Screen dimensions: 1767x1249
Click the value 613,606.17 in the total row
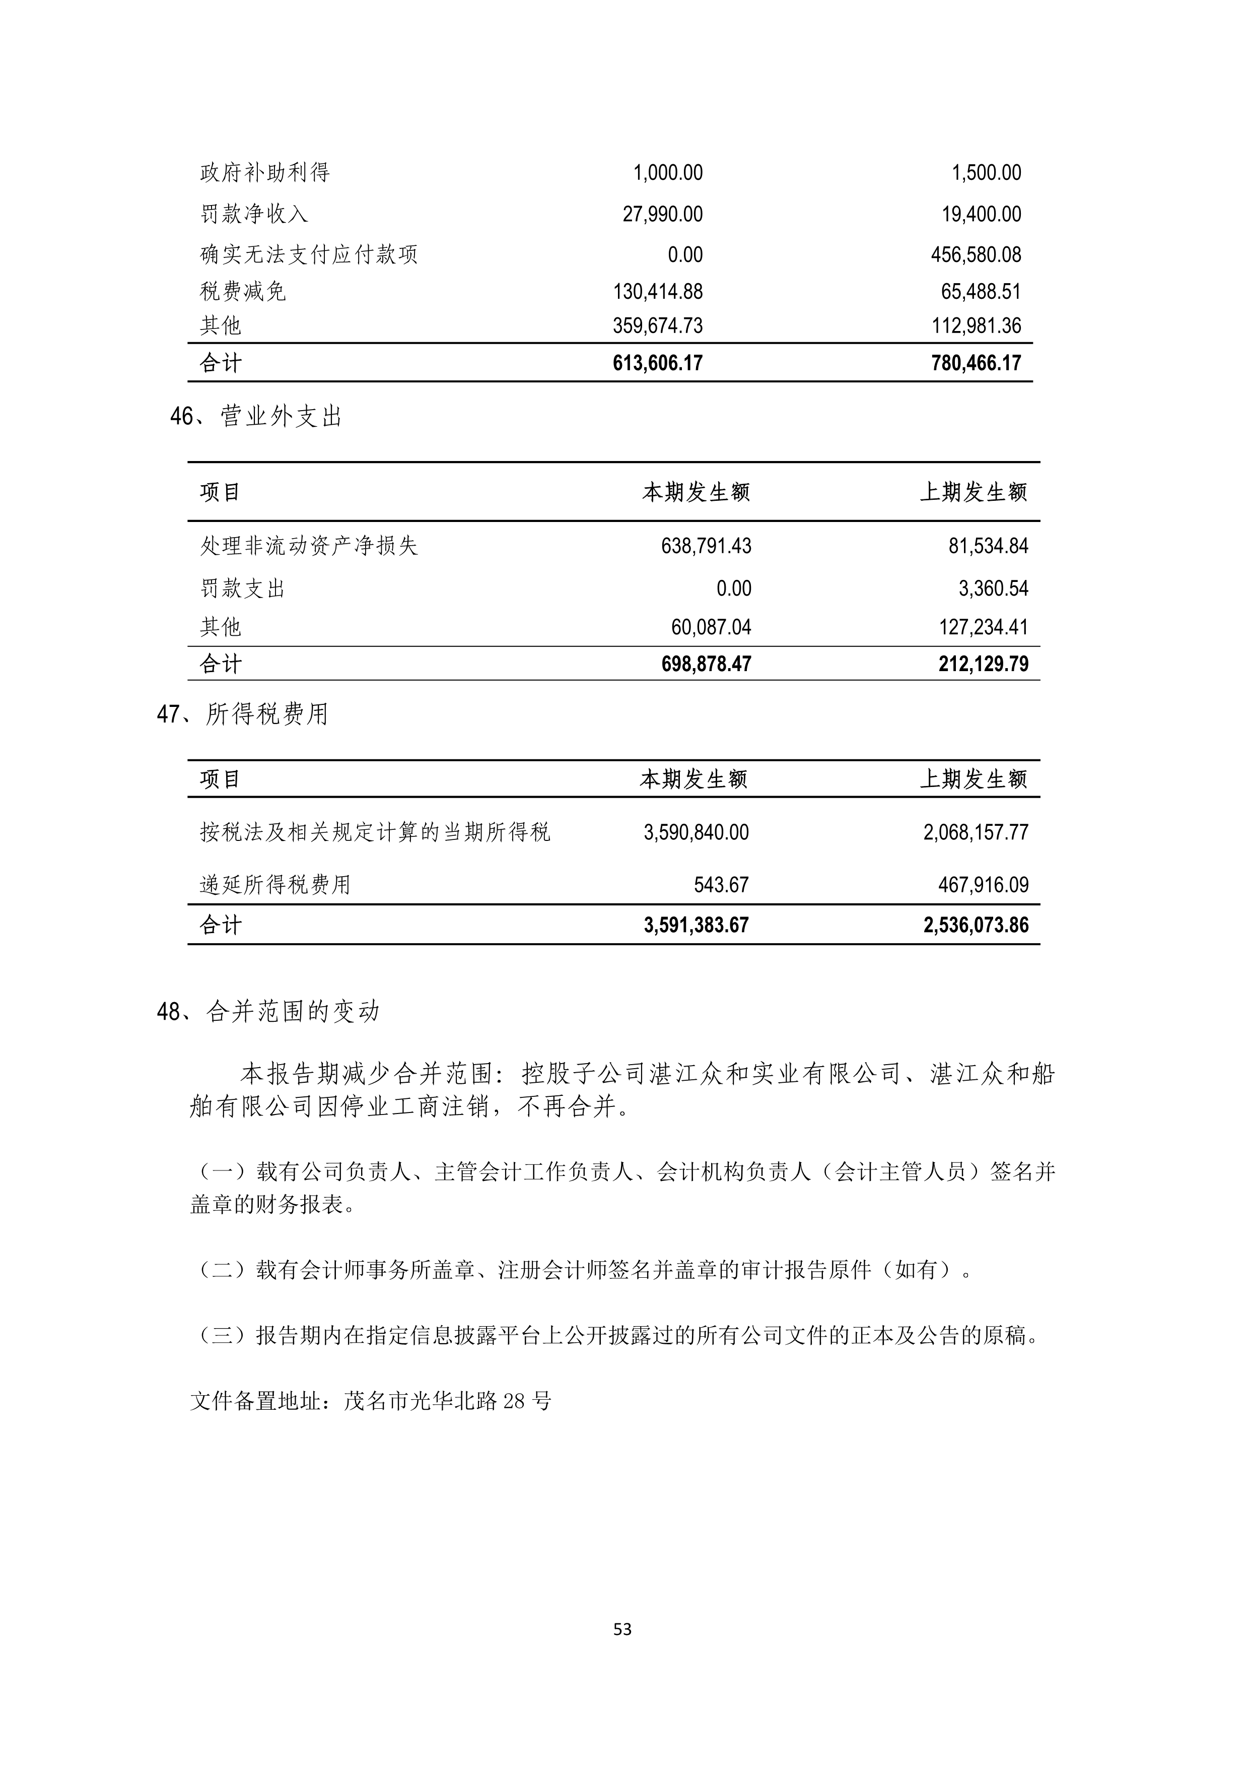point(658,363)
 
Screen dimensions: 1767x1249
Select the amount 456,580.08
point(976,255)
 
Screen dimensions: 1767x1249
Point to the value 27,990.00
point(662,214)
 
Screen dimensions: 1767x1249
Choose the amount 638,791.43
point(706,546)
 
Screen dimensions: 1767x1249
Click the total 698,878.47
point(706,664)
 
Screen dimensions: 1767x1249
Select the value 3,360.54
point(993,588)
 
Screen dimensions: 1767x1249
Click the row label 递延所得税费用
point(275,885)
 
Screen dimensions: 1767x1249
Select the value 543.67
point(721,885)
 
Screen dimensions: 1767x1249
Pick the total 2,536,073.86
point(976,925)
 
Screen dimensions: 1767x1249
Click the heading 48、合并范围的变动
point(268,1012)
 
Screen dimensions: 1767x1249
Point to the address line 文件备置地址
point(371,1401)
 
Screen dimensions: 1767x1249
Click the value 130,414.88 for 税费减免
point(658,292)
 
